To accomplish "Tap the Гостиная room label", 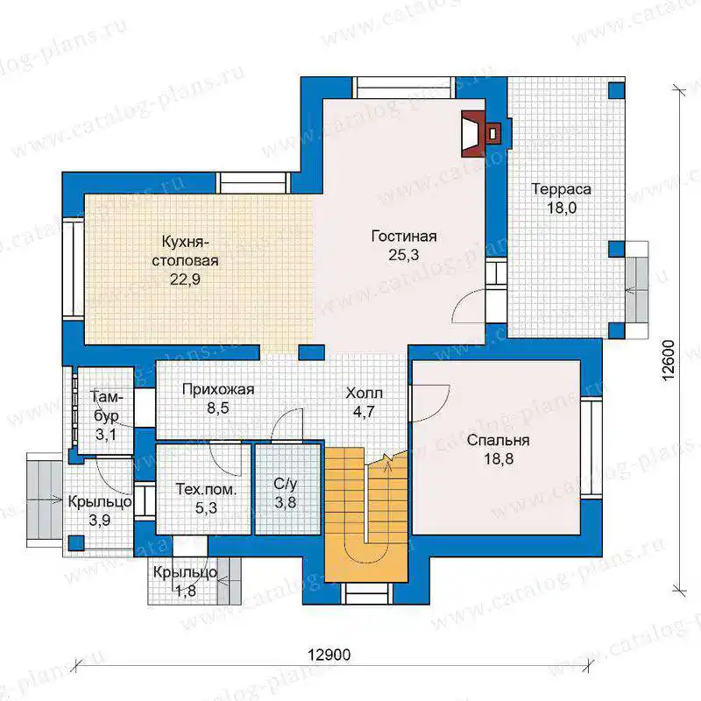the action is tap(404, 236).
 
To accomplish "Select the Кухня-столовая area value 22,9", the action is tap(185, 280).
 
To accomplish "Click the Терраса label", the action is tap(561, 189).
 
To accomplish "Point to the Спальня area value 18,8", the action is tap(499, 458).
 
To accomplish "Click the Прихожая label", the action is tap(218, 389).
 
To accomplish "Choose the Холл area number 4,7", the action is tap(364, 412).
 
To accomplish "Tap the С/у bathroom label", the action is tap(286, 484).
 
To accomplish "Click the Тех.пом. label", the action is tap(206, 489).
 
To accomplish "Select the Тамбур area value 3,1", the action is tap(106, 434).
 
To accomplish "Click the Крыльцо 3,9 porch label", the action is tap(100, 501).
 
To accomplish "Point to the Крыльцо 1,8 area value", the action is tap(186, 591).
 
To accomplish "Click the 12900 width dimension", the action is tap(329, 655).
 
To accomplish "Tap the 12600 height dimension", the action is tap(668, 361).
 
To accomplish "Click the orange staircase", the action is tap(365, 514).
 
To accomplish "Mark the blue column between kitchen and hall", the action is tap(311, 352).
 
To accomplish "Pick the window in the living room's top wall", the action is tap(405, 88).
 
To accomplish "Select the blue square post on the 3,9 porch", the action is tap(76, 542).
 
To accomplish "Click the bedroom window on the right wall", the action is tap(591, 448).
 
